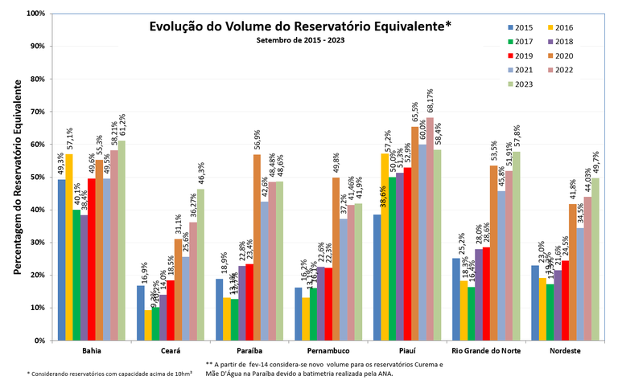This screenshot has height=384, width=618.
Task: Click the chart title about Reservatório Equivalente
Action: pyautogui.click(x=300, y=26)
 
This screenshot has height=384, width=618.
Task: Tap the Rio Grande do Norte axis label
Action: pyautogui.click(x=482, y=352)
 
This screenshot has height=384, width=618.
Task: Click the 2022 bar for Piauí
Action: pyautogui.click(x=428, y=229)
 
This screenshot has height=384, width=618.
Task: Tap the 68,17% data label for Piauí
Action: pyautogui.click(x=429, y=101)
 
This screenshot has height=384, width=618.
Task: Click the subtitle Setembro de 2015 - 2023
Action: pyautogui.click(x=300, y=40)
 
